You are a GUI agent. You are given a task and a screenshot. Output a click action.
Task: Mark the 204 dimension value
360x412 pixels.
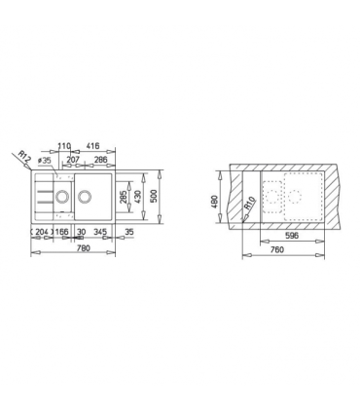point(42,233)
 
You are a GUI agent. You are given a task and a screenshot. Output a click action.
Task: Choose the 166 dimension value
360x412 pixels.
point(60,233)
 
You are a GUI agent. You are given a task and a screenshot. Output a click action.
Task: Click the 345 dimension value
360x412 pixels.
point(98,233)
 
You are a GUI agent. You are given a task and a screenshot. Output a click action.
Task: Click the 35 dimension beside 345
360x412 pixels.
point(129,233)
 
